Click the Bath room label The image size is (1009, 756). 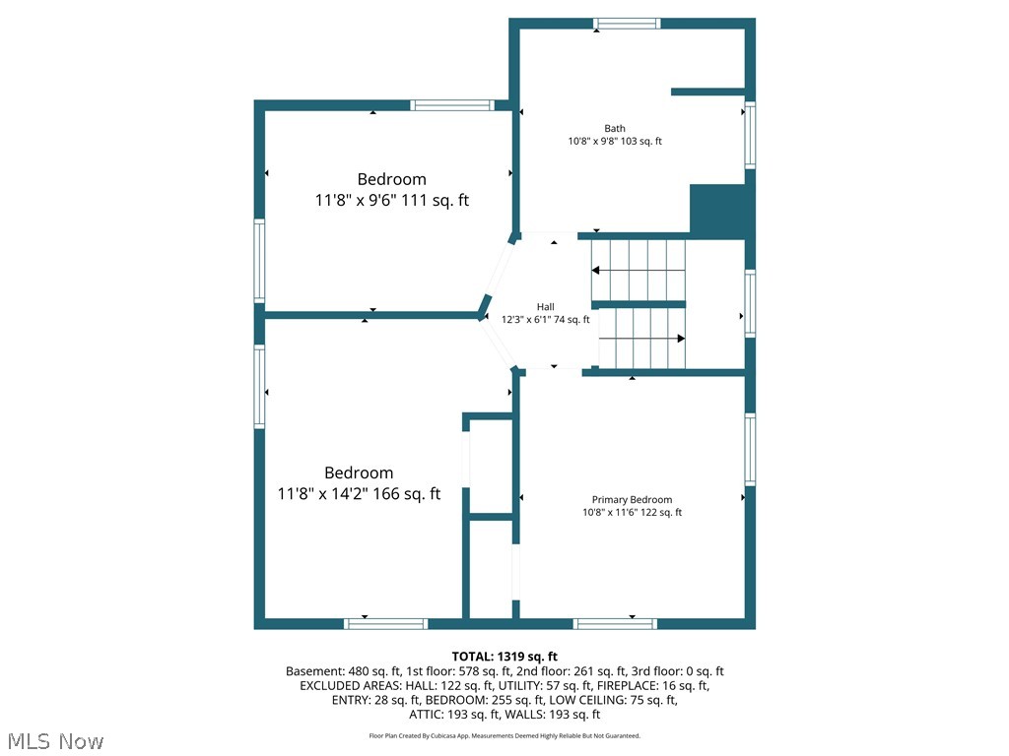(615, 128)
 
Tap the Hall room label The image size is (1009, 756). (545, 306)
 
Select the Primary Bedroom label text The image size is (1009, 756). (632, 499)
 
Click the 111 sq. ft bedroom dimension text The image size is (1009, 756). (391, 200)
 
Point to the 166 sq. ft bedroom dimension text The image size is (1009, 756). (359, 494)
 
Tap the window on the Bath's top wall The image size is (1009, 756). (626, 24)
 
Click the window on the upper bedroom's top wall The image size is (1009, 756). (451, 105)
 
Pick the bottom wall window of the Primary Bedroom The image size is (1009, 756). (615, 623)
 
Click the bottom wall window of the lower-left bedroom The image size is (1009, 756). (385, 623)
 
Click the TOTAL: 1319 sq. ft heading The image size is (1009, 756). (504, 657)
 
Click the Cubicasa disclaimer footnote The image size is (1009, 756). (504, 735)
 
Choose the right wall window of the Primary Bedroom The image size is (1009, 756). (750, 449)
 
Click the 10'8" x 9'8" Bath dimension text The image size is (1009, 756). (615, 141)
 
